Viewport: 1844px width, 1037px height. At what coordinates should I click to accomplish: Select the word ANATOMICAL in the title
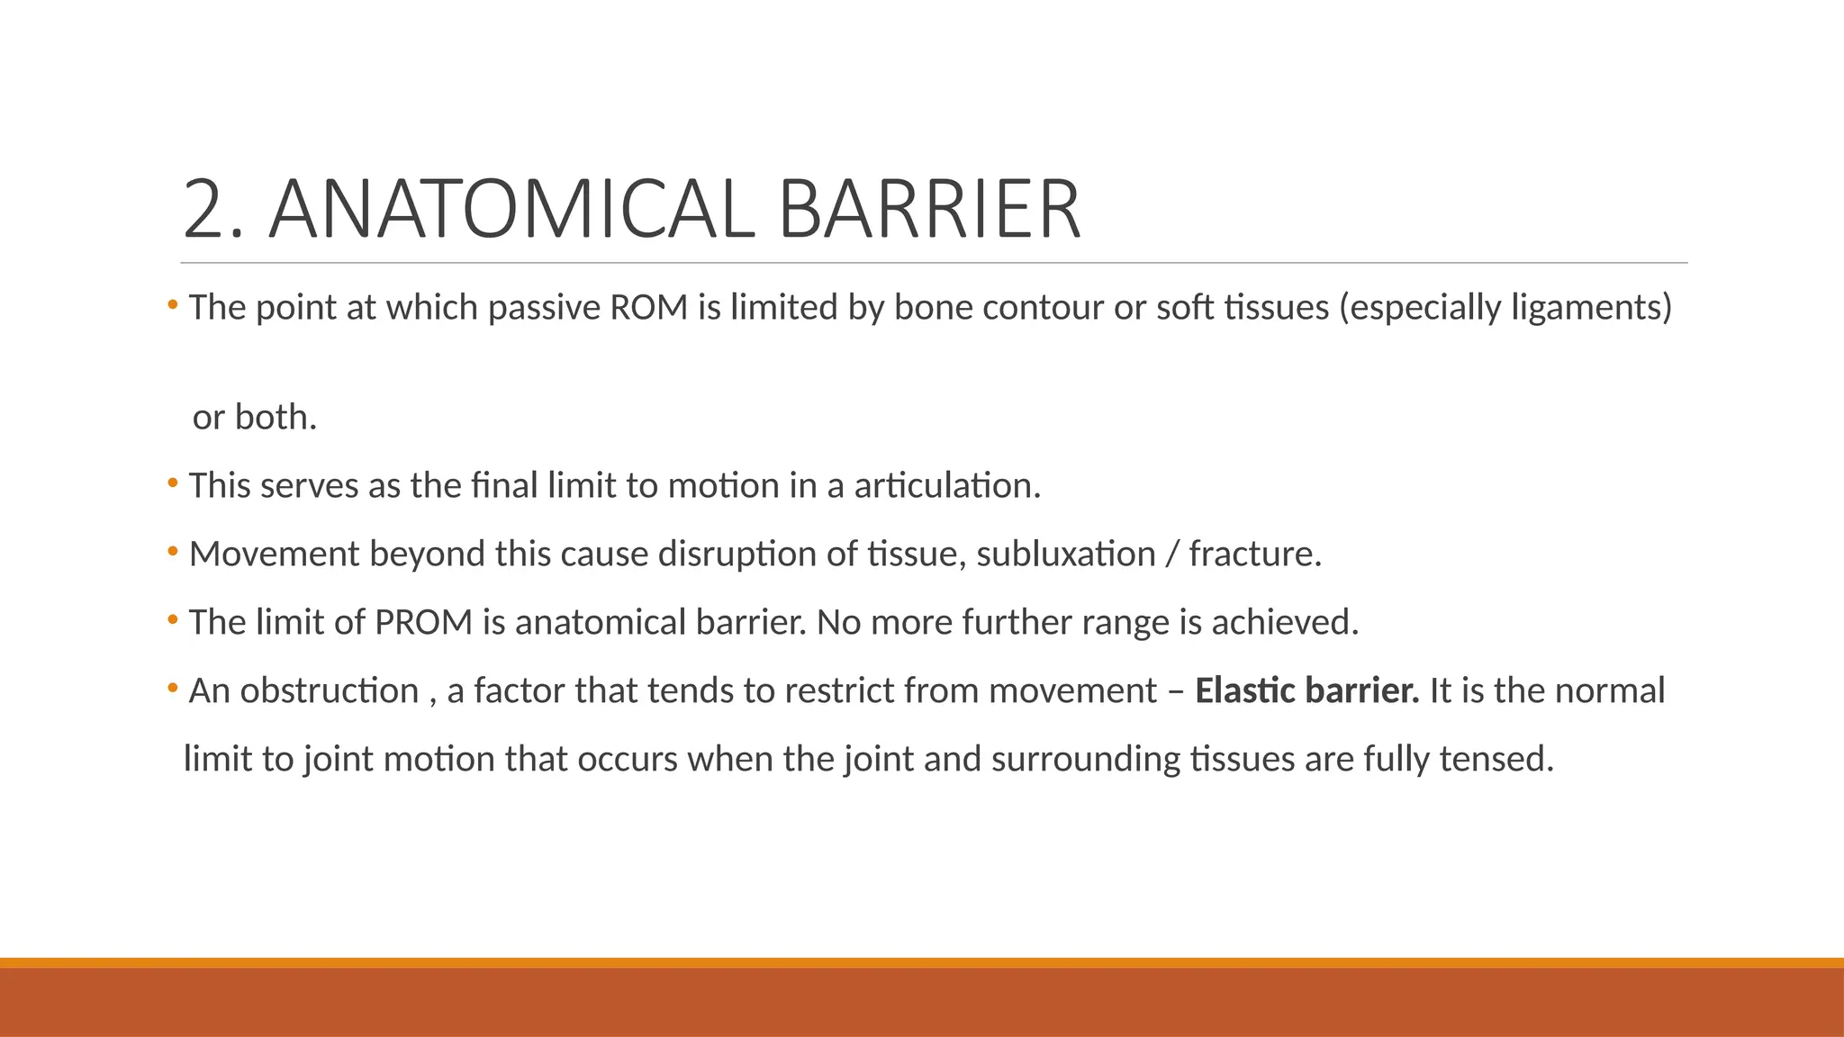(x=511, y=211)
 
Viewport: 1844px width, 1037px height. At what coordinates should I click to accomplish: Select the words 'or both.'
(x=255, y=418)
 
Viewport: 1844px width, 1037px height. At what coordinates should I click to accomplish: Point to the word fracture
(x=1253, y=555)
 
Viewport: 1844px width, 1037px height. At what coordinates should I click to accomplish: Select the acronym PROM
(x=423, y=623)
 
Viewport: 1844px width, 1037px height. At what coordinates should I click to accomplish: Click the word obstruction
(x=330, y=691)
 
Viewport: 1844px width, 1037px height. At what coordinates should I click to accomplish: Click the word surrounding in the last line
(x=1085, y=760)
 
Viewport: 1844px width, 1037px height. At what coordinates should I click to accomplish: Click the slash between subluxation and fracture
(x=1171, y=555)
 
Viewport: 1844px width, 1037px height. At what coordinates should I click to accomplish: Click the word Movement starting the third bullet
(x=274, y=555)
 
